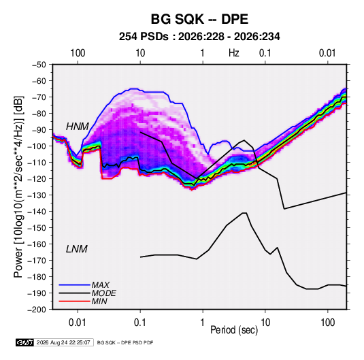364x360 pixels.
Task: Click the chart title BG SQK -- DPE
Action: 199,19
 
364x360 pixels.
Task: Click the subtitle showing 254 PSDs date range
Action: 199,37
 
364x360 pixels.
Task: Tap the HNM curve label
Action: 78,127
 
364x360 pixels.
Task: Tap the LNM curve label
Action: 77,249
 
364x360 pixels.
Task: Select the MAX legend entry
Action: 101,284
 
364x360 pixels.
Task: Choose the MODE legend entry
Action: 104,293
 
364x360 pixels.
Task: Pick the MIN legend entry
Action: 99,301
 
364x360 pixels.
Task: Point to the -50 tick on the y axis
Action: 39,65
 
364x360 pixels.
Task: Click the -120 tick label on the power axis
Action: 37,179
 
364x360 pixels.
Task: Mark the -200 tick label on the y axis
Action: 37,310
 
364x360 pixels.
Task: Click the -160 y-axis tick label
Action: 37,244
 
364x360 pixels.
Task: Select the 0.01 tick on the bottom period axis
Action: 78,323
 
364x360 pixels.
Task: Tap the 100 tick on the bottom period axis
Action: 327,323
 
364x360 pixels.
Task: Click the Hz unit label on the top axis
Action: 234,53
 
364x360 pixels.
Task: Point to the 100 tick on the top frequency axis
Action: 78,53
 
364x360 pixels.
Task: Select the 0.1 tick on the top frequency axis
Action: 265,53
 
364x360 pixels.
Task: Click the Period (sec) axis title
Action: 234,330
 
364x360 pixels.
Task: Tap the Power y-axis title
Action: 18,186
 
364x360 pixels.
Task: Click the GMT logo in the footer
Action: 25,342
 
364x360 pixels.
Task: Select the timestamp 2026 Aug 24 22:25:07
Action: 63,342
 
